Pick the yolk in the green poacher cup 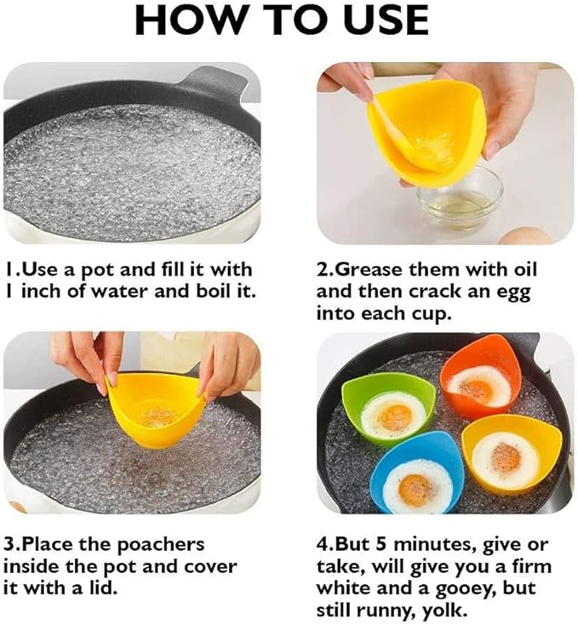click(394, 417)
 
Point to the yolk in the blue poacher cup click(417, 491)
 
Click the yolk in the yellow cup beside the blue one click(504, 459)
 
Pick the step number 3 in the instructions click(8, 545)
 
